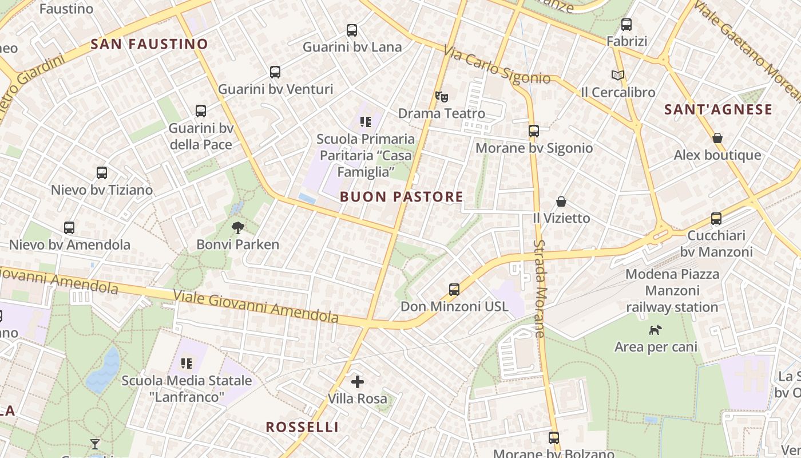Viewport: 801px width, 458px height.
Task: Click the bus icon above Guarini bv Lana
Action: pos(352,30)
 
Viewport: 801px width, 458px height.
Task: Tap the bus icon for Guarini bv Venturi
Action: pos(275,72)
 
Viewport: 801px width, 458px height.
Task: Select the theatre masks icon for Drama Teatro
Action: pos(441,96)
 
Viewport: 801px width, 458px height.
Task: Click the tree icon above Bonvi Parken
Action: pos(238,228)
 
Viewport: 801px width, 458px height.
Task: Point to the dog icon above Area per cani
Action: pos(656,330)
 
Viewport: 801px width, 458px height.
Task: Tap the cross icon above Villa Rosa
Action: pos(358,381)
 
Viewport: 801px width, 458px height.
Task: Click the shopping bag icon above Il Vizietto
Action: pos(561,202)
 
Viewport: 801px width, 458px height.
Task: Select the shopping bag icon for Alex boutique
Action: pos(717,138)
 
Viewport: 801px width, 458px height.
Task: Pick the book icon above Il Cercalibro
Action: pos(618,75)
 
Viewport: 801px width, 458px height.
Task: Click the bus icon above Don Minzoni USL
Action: pos(454,289)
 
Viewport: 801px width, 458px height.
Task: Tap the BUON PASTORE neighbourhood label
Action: pos(401,197)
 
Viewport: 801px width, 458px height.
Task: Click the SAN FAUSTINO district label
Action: pos(149,44)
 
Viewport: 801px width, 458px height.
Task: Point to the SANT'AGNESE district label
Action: pos(718,109)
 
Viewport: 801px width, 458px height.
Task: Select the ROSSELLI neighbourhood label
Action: pos(303,427)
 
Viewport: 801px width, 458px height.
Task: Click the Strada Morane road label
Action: pos(539,288)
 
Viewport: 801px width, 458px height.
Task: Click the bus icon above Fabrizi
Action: pos(626,25)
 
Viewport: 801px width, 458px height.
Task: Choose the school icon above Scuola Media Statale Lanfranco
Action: pos(186,363)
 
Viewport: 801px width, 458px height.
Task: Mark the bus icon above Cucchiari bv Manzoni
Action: pos(716,219)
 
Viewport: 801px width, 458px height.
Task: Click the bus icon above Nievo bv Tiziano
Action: pos(102,173)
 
